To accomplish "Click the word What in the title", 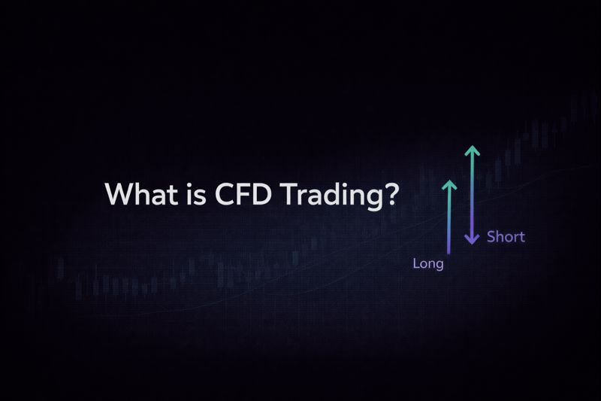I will pyautogui.click(x=136, y=194).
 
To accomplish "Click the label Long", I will pyautogui.click(x=429, y=265).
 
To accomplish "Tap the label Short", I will pyautogui.click(x=506, y=237).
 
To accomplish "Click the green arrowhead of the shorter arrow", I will pyautogui.click(x=450, y=184).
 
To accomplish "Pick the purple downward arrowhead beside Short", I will pyautogui.click(x=472, y=239).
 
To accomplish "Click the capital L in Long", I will pyautogui.click(x=417, y=264).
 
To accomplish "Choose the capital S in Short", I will pyautogui.click(x=491, y=237).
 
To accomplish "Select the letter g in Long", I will pyautogui.click(x=439, y=267).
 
